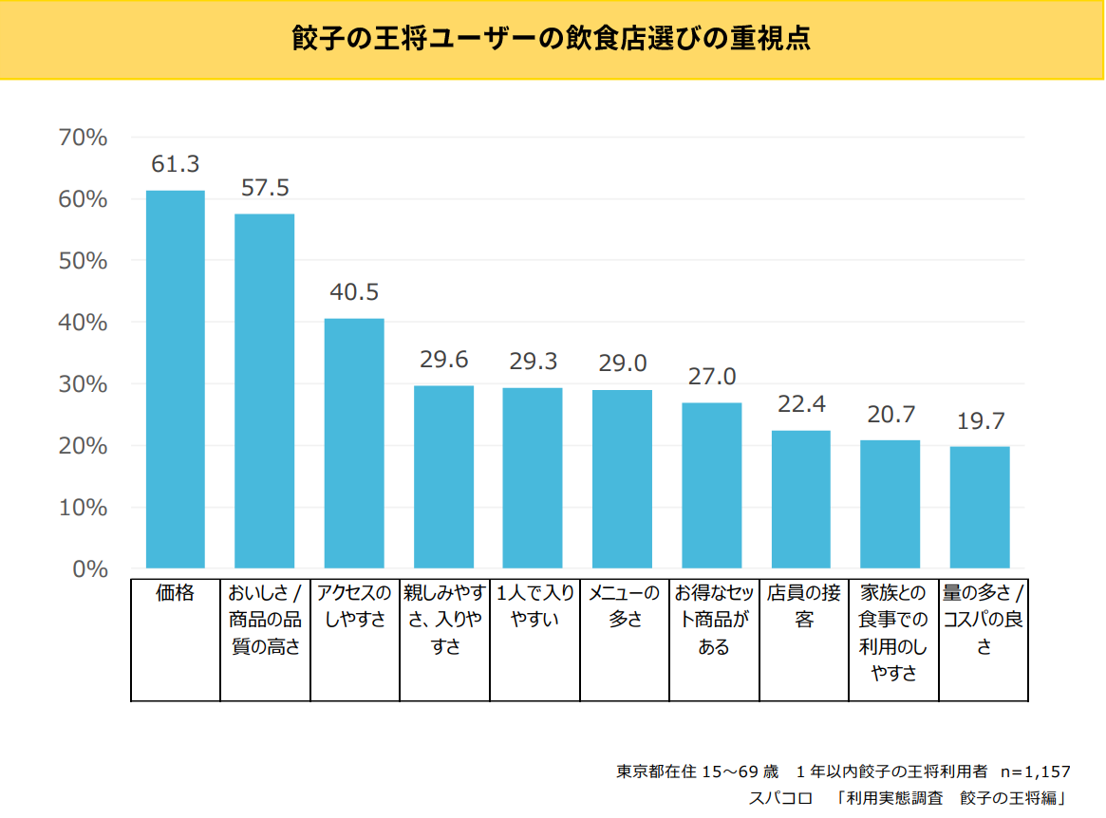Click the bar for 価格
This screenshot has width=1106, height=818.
point(175,380)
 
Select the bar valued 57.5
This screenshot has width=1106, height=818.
point(264,391)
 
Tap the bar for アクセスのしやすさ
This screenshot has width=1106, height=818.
point(354,443)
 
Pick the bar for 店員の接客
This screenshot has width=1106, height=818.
point(801,499)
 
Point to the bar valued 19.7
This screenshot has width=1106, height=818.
point(980,507)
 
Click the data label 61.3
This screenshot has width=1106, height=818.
point(176,164)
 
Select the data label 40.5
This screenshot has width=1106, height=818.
point(354,292)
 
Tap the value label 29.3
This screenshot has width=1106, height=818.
point(533,362)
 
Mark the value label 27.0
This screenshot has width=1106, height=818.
point(712,377)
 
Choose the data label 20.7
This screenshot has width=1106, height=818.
point(890,415)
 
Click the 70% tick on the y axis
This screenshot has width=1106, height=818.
point(83,139)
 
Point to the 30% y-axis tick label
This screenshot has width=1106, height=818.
point(83,384)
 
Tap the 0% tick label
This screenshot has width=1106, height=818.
point(89,569)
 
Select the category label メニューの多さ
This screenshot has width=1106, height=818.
point(624,606)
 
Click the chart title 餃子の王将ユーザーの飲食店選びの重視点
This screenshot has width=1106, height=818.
point(552,40)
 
